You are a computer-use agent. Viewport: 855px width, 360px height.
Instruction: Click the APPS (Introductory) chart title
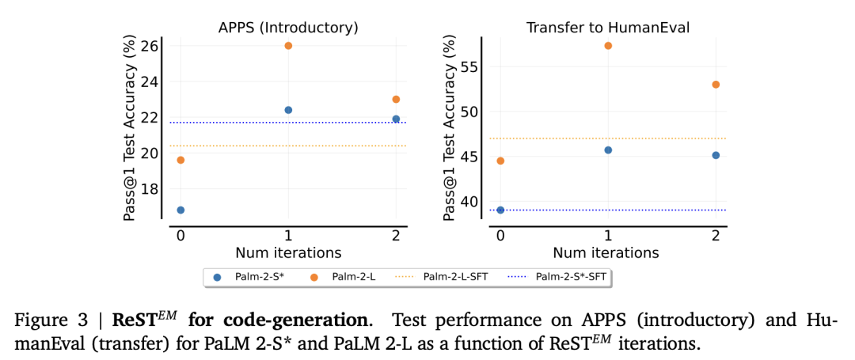click(288, 28)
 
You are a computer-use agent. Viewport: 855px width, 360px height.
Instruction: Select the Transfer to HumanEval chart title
click(608, 28)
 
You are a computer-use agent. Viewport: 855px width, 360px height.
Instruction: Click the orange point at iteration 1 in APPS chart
click(288, 46)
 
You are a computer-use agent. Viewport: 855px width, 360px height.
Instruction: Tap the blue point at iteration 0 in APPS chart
click(180, 210)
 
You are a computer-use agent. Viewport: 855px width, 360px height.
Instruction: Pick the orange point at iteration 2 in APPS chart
click(396, 99)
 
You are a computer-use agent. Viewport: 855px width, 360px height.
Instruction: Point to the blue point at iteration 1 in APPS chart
click(288, 110)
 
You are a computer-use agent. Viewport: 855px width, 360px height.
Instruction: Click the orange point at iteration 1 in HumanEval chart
click(608, 46)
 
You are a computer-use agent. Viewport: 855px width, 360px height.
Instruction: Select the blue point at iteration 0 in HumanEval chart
click(500, 210)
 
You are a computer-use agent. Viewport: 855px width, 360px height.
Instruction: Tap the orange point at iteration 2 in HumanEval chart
click(716, 84)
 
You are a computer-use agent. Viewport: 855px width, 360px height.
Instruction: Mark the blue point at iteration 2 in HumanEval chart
click(716, 155)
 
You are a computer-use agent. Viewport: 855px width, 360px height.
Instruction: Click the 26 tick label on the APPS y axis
click(149, 46)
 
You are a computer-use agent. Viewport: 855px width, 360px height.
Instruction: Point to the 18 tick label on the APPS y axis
click(149, 189)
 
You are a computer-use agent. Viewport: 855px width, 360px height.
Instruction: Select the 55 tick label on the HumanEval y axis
click(469, 66)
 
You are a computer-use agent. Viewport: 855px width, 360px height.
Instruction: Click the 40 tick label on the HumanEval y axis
click(469, 201)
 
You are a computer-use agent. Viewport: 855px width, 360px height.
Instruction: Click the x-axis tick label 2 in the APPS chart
click(396, 236)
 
